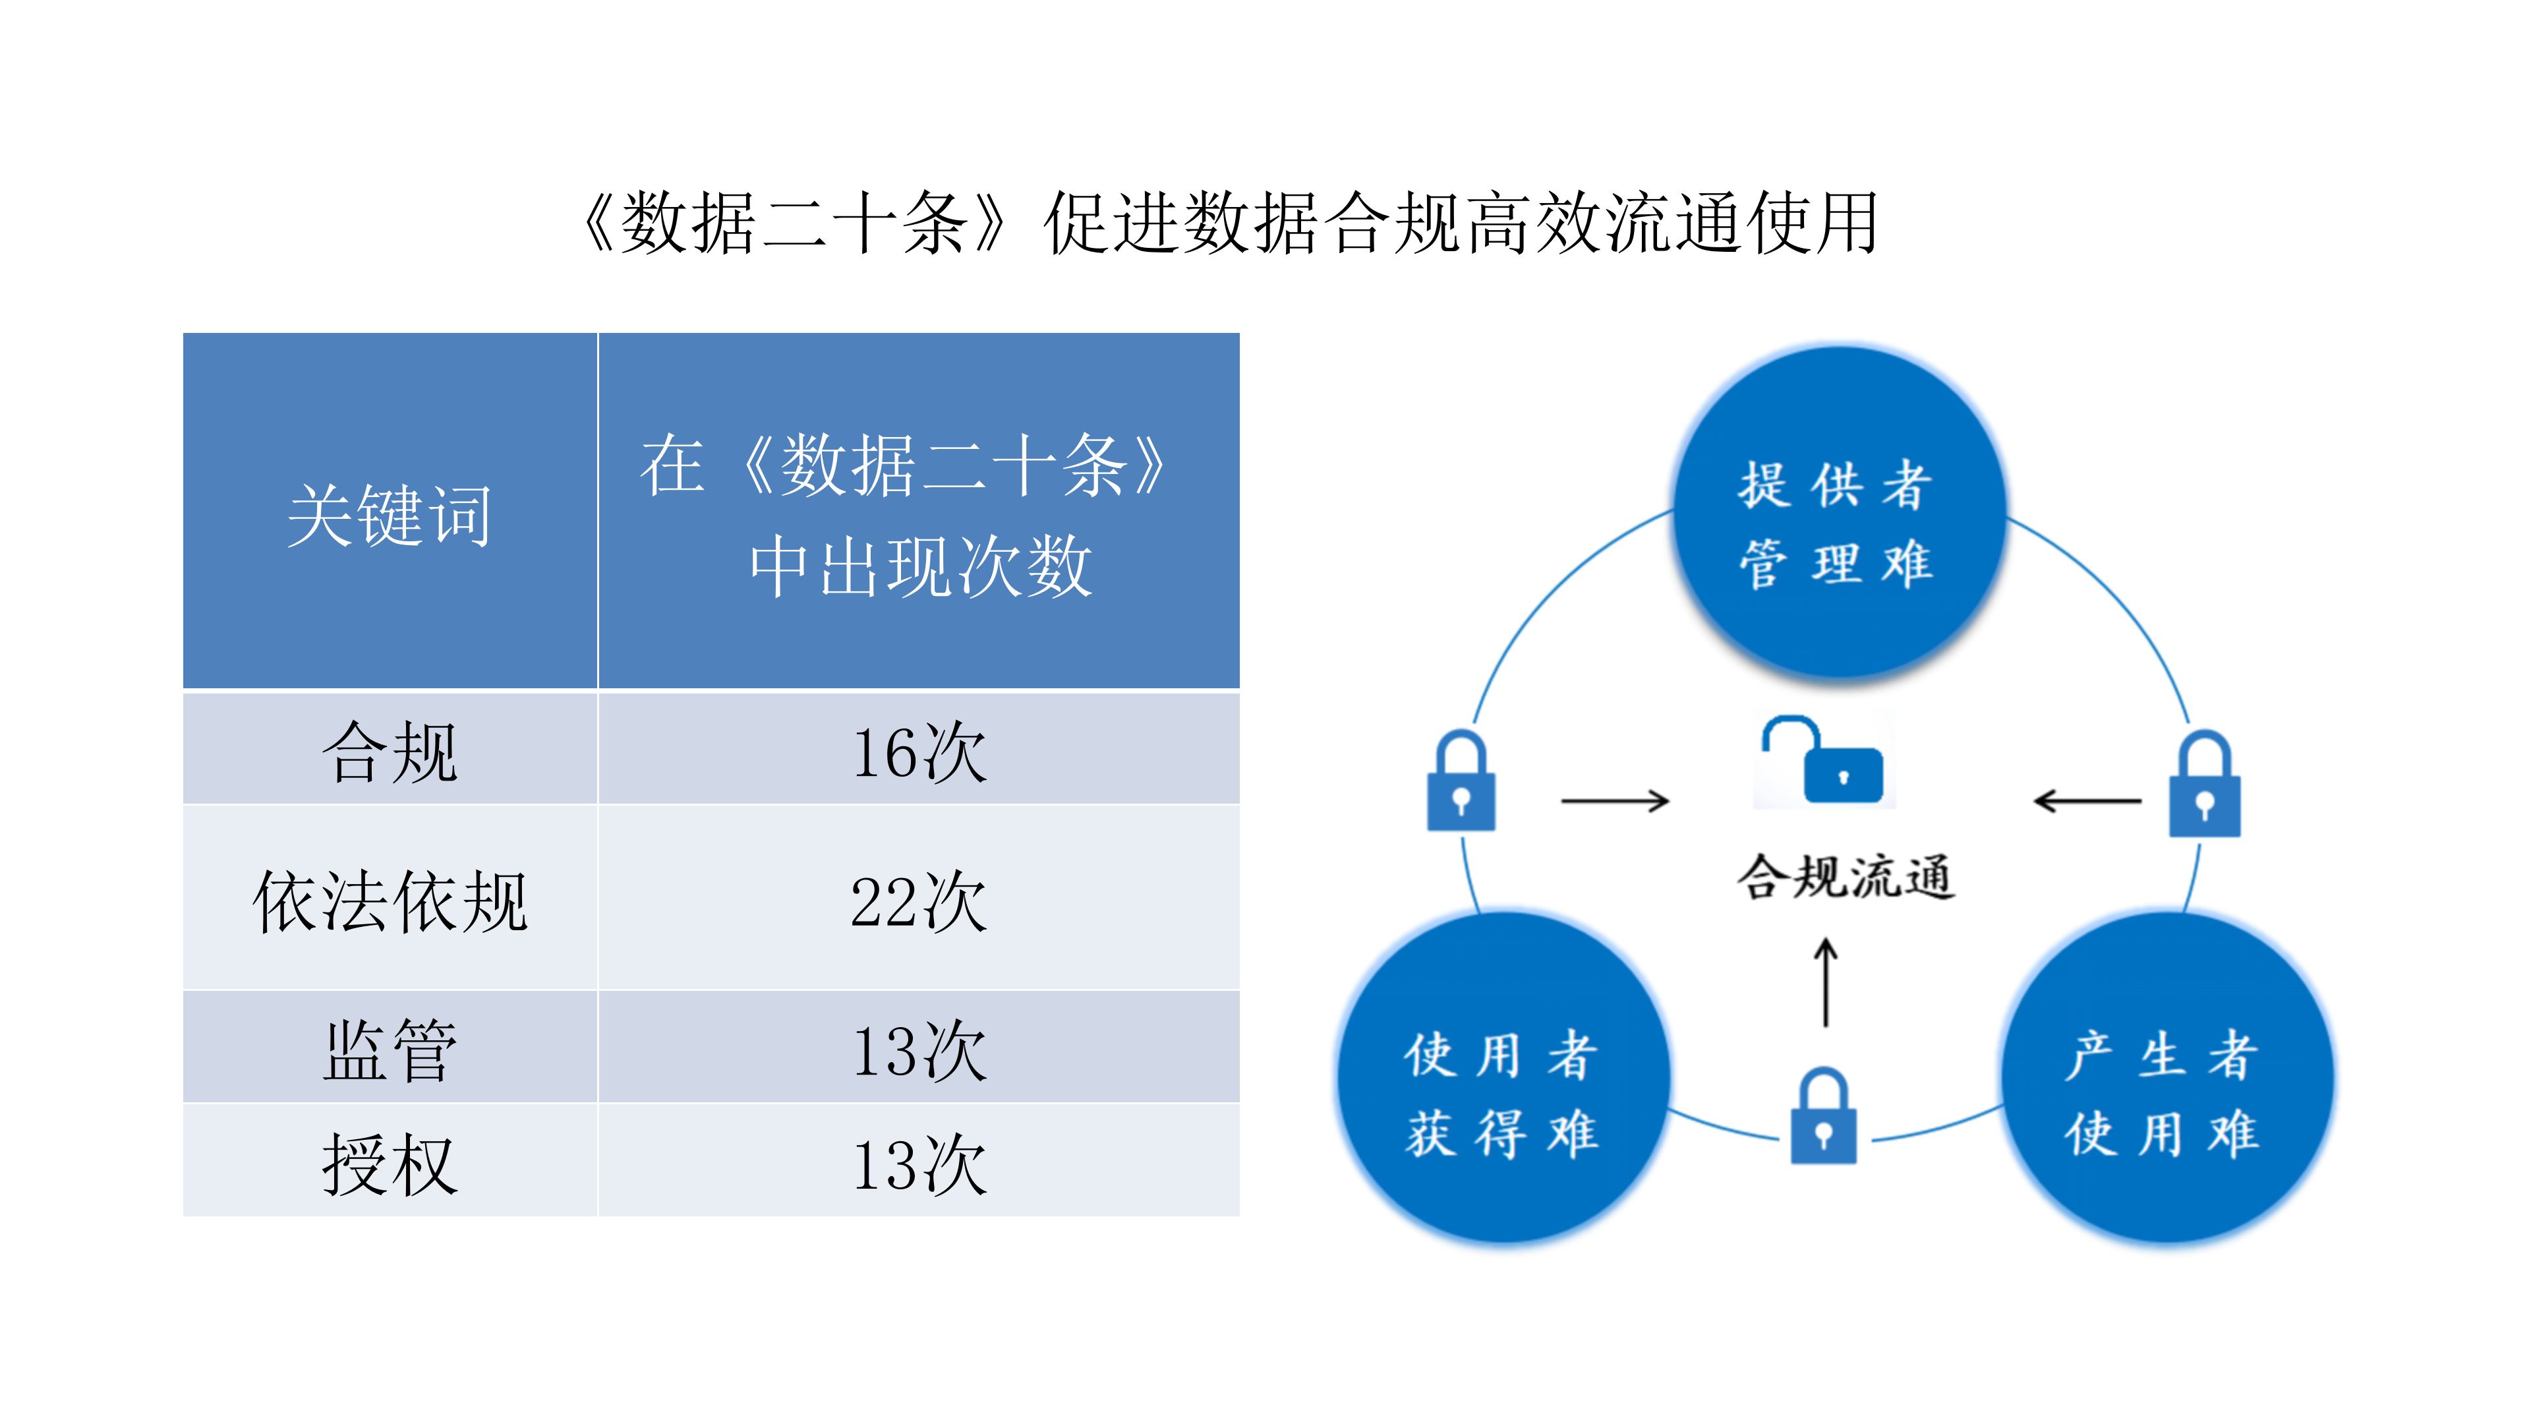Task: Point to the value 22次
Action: click(x=919, y=899)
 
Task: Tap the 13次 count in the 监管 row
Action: click(x=919, y=1049)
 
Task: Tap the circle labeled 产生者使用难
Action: click(x=2167, y=1081)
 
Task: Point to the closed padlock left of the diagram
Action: click(x=1461, y=783)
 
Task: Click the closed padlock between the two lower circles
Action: click(x=1824, y=1117)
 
